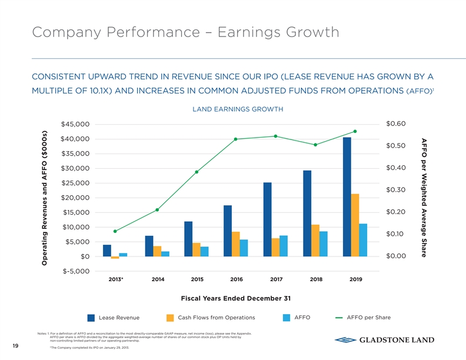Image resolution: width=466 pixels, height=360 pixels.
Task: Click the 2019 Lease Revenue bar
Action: pyautogui.click(x=347, y=197)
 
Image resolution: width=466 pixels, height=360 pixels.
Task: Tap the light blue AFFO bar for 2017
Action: pyautogui.click(x=284, y=246)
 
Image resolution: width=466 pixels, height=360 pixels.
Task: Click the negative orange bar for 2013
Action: pyautogui.click(x=115, y=258)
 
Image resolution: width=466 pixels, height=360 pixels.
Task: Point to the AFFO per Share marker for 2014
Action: pyautogui.click(x=158, y=210)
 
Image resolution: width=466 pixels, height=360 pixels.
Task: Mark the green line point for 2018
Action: pyautogui.click(x=315, y=145)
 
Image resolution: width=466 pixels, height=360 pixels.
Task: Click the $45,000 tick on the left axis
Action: pyautogui.click(x=75, y=124)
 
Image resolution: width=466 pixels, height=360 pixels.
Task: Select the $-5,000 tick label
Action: pyautogui.click(x=75, y=271)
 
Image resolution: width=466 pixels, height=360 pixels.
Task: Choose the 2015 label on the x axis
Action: pyautogui.click(x=197, y=279)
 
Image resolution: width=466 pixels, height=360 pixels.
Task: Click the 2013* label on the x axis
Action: pyautogui.click(x=116, y=279)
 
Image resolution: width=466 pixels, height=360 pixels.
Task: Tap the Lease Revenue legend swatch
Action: pyautogui.click(x=91, y=318)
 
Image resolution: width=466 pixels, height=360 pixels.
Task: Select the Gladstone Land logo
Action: pyautogui.click(x=384, y=339)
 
